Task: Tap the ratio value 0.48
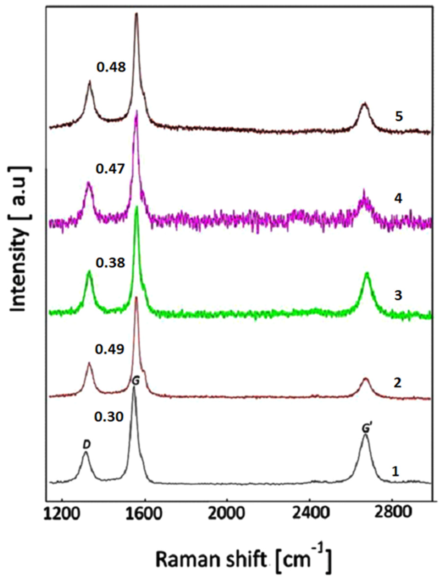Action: pos(111,68)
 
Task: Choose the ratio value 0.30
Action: pos(109,417)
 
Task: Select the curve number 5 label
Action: pos(399,117)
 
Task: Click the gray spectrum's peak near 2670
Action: pos(365,435)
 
